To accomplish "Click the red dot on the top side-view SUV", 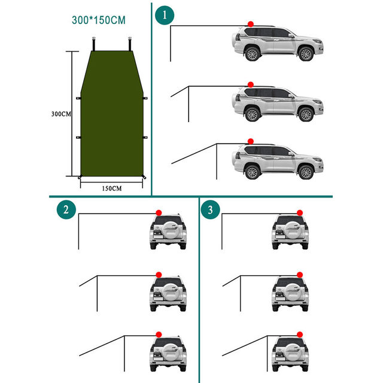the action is [251, 24].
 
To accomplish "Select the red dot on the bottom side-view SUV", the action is [251, 141].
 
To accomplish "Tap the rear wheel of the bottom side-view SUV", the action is [252, 172].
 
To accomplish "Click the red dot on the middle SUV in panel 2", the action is [159, 274].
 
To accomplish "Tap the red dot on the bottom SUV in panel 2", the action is [159, 335].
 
